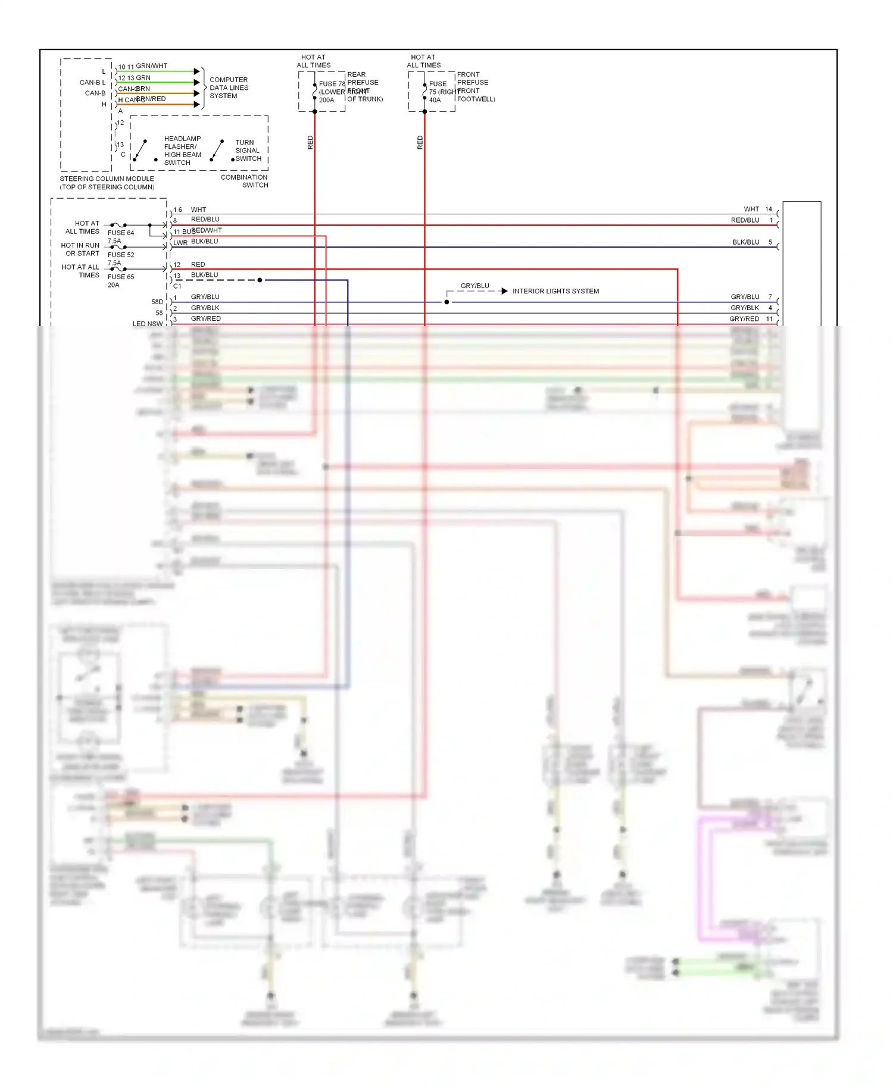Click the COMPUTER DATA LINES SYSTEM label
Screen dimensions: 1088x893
click(x=229, y=87)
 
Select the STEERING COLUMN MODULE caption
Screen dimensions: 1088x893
click(x=107, y=183)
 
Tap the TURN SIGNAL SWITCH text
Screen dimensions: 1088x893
click(x=248, y=151)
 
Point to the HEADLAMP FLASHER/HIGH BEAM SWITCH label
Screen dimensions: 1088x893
click(x=182, y=151)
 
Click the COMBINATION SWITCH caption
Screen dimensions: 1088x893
click(x=245, y=181)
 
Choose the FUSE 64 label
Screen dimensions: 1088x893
click(x=121, y=233)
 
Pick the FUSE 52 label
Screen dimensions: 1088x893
click(x=121, y=255)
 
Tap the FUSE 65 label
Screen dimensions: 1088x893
click(x=121, y=277)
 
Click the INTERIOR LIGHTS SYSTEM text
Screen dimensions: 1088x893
click(x=555, y=291)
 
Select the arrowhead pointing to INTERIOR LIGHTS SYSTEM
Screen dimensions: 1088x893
click(x=504, y=291)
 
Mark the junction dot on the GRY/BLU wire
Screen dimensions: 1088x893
click(x=447, y=302)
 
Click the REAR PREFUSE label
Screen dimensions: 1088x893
click(x=363, y=79)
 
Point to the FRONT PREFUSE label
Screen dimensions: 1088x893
click(x=473, y=79)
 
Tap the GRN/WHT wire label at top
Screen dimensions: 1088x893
click(x=151, y=66)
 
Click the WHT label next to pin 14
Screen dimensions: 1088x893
click(x=751, y=210)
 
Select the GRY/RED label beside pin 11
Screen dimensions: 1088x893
click(x=744, y=319)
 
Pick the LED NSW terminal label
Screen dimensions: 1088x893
click(x=148, y=324)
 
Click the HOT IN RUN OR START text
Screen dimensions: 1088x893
click(x=80, y=249)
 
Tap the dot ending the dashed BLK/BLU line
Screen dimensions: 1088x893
click(x=260, y=280)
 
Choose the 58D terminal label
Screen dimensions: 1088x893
click(x=157, y=302)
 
